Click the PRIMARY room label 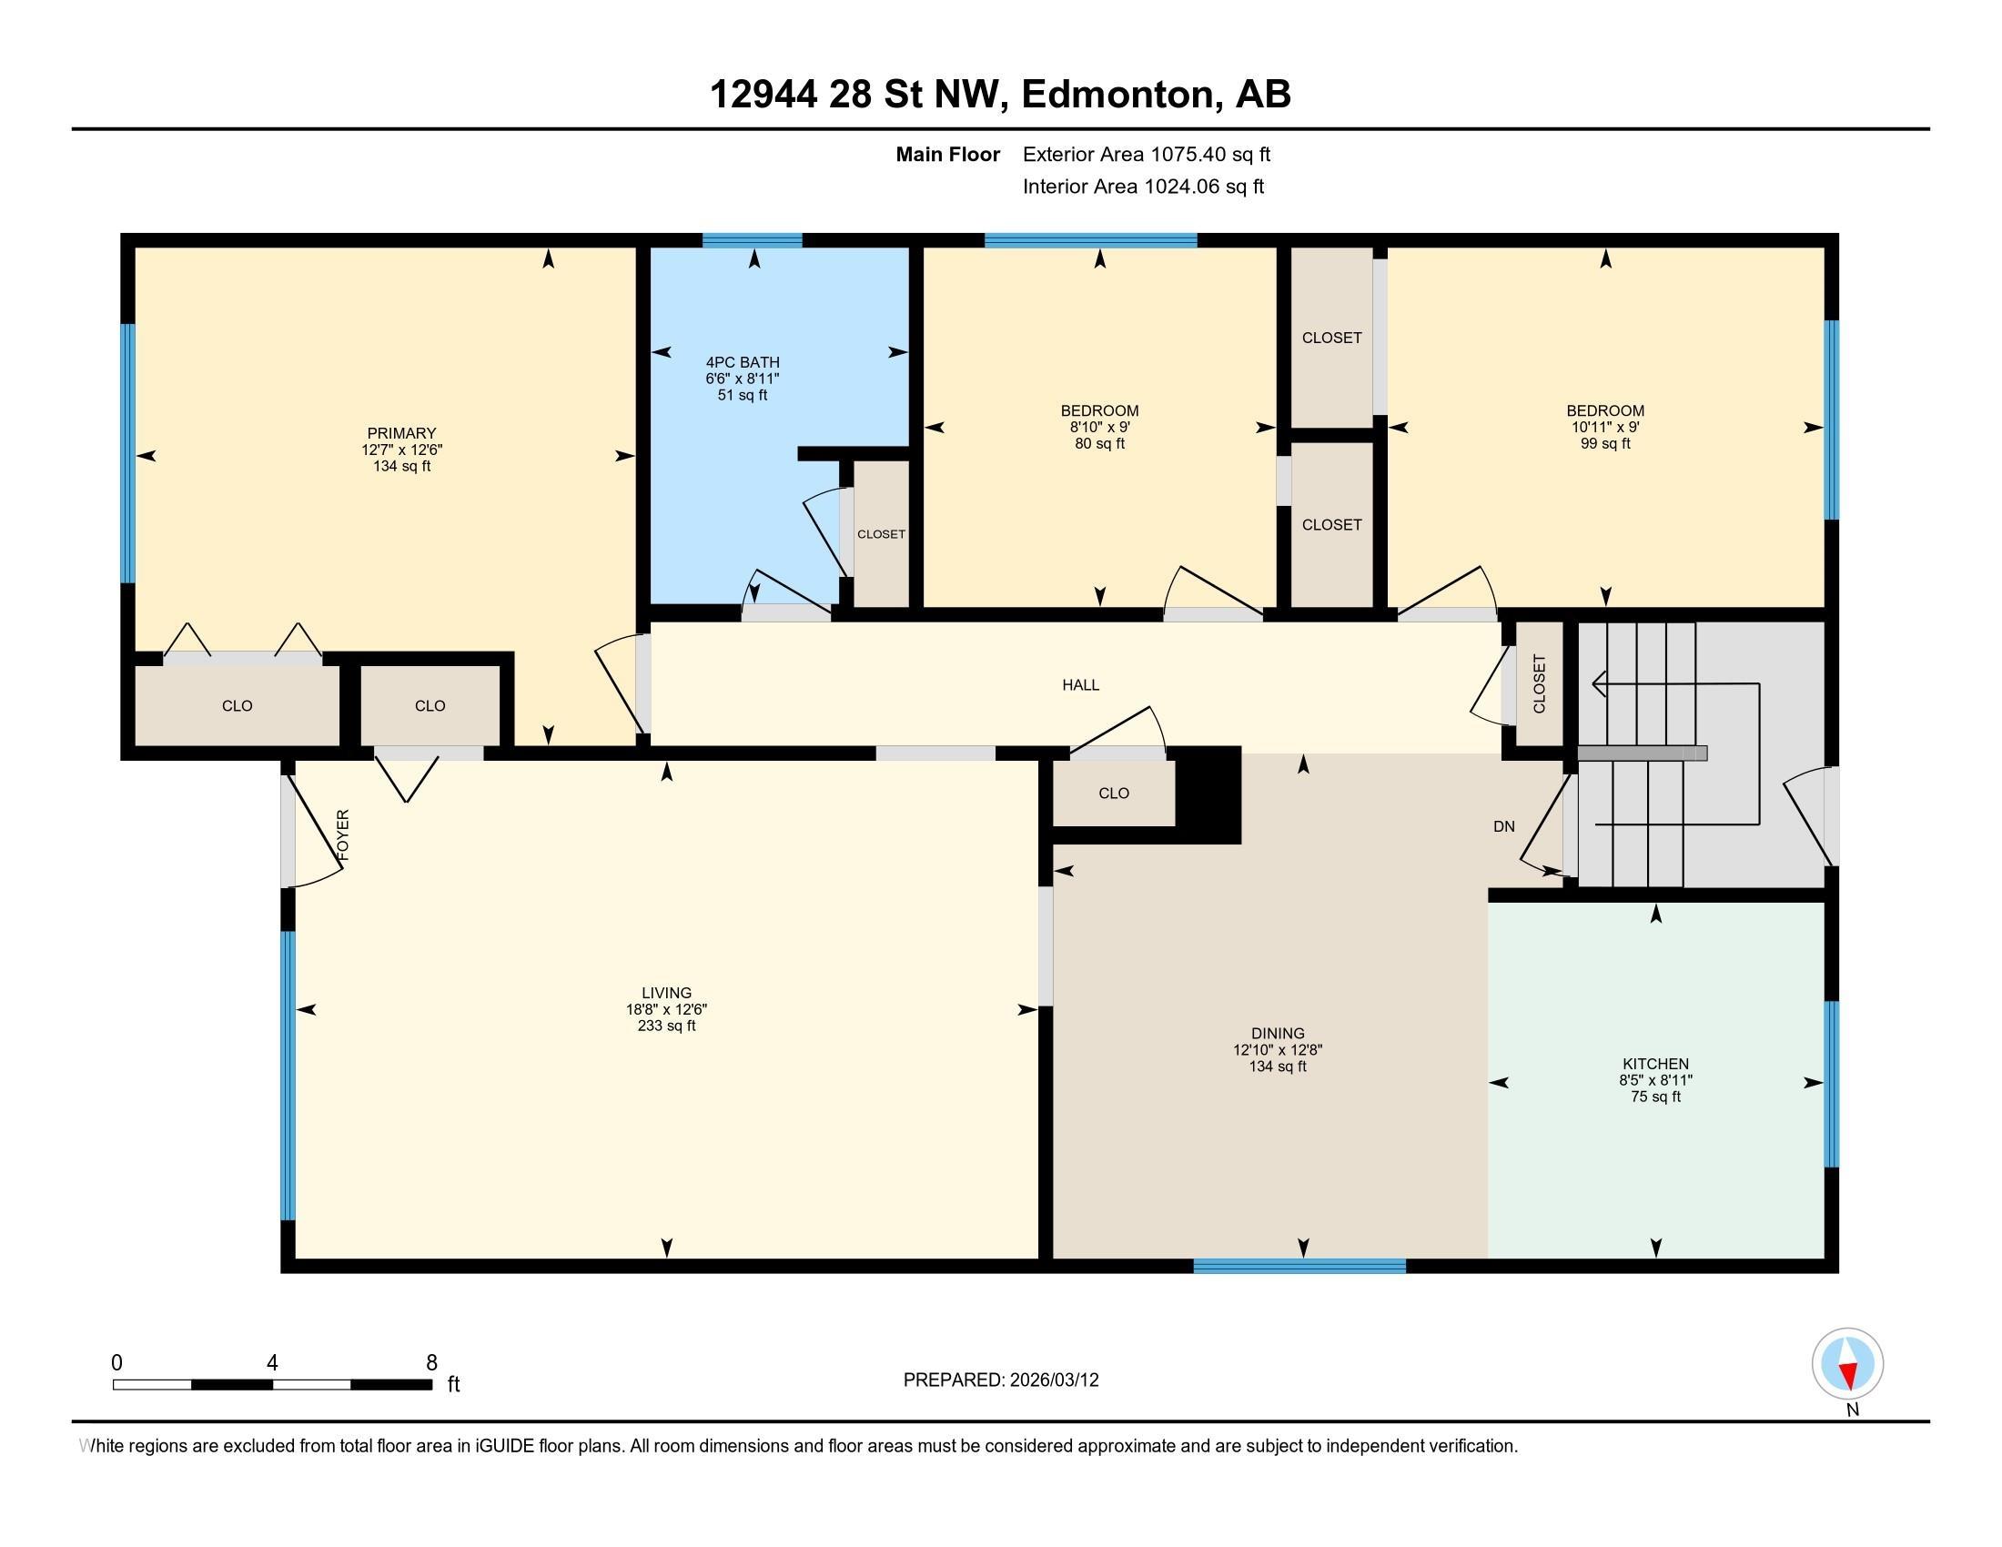401,433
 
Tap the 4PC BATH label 743,362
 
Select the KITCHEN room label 1654,1063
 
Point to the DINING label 1277,1033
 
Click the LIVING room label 666,993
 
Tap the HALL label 1080,684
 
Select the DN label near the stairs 1503,825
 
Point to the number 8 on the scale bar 431,1362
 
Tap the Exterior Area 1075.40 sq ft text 1146,154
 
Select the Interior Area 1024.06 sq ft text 1143,186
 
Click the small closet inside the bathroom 881,533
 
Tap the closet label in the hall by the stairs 1539,683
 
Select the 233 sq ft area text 666,1026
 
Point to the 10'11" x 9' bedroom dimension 1604,427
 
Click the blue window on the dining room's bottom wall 1299,1266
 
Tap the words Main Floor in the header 947,154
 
